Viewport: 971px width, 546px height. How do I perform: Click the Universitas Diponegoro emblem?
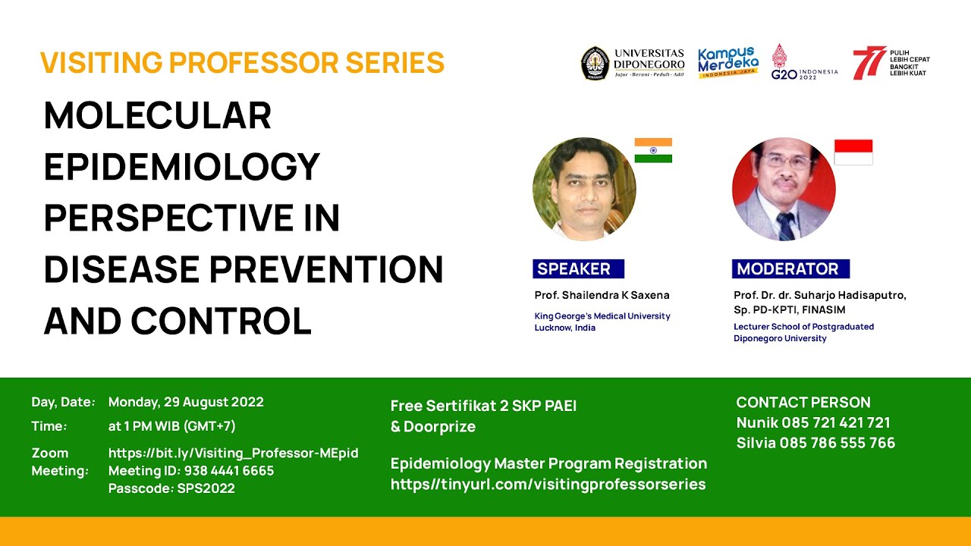(x=595, y=63)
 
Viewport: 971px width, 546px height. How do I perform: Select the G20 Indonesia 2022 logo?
(x=803, y=63)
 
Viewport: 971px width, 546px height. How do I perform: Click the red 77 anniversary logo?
(x=868, y=63)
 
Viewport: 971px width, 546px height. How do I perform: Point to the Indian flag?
(x=653, y=150)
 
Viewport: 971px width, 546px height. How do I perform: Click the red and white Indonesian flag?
(x=853, y=152)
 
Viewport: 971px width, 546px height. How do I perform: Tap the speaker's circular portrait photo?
(x=584, y=189)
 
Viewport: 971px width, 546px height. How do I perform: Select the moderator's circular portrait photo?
(x=784, y=189)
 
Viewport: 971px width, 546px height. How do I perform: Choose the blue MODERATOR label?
(x=790, y=268)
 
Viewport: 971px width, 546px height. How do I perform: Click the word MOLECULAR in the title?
(x=158, y=116)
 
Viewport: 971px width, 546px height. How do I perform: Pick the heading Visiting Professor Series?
(x=242, y=62)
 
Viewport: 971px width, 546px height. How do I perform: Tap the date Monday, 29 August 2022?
(x=186, y=402)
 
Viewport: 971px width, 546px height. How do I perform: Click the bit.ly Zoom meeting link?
(x=233, y=453)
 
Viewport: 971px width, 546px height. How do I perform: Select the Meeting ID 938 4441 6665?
(x=191, y=471)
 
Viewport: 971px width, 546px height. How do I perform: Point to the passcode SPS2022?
(x=171, y=488)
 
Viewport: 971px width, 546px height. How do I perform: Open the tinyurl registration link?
(x=548, y=484)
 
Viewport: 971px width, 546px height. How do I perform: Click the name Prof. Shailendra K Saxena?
(x=602, y=295)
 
